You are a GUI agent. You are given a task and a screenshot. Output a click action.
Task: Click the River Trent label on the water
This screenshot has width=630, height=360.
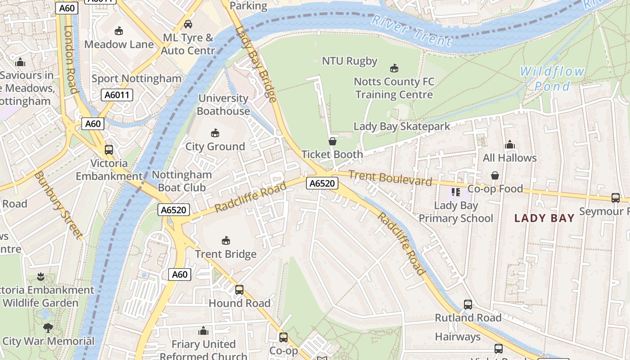[412, 31]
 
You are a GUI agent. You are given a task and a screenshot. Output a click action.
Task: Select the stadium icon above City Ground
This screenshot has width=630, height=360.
[215, 133]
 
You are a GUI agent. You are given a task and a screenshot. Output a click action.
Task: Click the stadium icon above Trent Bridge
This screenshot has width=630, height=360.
[226, 241]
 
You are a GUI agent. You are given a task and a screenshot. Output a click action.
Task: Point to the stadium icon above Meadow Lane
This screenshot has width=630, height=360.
[119, 31]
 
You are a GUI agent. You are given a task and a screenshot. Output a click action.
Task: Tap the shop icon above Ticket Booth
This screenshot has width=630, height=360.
[333, 141]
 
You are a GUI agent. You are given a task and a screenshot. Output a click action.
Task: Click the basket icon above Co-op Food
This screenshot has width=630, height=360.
[495, 175]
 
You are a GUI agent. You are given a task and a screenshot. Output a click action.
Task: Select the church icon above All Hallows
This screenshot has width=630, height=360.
[509, 144]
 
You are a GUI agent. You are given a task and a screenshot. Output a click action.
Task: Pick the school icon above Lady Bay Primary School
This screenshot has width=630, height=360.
[456, 192]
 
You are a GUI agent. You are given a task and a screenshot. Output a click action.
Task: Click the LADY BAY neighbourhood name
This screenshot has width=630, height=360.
[544, 219]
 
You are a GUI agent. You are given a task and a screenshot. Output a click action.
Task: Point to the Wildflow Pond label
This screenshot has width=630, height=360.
[552, 78]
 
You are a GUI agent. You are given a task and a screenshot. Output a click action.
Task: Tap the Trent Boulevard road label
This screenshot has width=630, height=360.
[390, 178]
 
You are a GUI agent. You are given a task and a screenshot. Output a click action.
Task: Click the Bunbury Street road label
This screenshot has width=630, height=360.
[58, 205]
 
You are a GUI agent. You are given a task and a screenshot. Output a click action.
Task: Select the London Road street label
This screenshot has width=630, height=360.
[71, 58]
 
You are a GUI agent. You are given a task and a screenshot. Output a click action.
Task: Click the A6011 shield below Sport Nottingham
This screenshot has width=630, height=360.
[117, 95]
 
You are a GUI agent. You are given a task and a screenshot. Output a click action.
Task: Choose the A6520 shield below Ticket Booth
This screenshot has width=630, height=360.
[322, 183]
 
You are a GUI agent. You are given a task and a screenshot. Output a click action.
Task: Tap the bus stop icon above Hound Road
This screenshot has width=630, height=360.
[239, 290]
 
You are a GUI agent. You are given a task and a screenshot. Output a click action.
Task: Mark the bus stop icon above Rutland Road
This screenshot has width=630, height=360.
[468, 305]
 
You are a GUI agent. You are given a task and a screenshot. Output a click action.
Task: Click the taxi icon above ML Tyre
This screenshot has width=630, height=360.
[188, 24]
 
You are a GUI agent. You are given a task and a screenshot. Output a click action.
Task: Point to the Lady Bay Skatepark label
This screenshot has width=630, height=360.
[402, 126]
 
